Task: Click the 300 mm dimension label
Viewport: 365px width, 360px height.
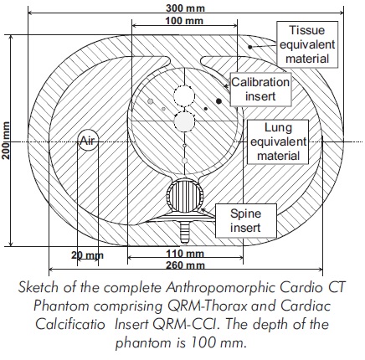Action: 185,8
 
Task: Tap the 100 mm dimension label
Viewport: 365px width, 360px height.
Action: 184,21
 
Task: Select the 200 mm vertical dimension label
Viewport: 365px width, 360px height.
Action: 6,141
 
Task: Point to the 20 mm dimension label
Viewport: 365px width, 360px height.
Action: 87,255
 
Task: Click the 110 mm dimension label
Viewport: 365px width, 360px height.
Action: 185,254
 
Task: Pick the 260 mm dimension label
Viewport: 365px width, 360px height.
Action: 185,265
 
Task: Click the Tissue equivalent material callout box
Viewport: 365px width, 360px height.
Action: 307,44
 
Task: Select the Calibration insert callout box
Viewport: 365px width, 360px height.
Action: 260,90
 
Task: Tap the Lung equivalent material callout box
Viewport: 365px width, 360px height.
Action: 278,141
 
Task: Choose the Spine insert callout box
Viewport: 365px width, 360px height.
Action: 246,220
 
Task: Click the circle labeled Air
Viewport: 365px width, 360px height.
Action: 88,140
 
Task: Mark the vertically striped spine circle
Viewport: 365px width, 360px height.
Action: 185,196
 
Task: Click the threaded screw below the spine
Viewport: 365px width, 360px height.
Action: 184,232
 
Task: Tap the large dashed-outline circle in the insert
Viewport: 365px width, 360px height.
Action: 184,95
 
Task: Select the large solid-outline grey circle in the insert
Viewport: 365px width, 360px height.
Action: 184,121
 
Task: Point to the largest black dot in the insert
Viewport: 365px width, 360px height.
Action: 218,100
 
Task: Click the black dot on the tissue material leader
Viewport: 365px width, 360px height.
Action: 250,47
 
